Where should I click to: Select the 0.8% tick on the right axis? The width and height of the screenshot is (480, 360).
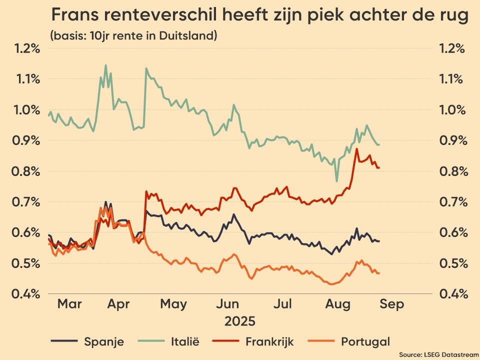pyautogui.click(x=452, y=171)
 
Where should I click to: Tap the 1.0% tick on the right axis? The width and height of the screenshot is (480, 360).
pyautogui.click(x=452, y=110)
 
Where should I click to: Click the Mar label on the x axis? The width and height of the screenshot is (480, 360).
pyautogui.click(x=69, y=304)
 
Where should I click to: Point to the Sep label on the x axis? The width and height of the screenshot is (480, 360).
pyautogui.click(x=391, y=304)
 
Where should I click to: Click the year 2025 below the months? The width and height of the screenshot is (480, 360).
pyautogui.click(x=239, y=320)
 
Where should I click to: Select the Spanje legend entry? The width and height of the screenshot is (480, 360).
pyautogui.click(x=103, y=342)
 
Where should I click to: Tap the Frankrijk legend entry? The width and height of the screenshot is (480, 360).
pyautogui.click(x=269, y=342)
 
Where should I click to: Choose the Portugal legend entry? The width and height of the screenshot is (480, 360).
pyautogui.click(x=365, y=342)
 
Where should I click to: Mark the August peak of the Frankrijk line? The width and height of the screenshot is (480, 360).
pyautogui.click(x=356, y=148)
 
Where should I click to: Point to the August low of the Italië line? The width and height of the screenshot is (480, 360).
pyautogui.click(x=337, y=181)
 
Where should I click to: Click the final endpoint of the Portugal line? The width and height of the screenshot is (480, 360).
pyautogui.click(x=378, y=273)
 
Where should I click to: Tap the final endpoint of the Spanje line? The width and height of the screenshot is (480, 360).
pyautogui.click(x=378, y=241)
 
